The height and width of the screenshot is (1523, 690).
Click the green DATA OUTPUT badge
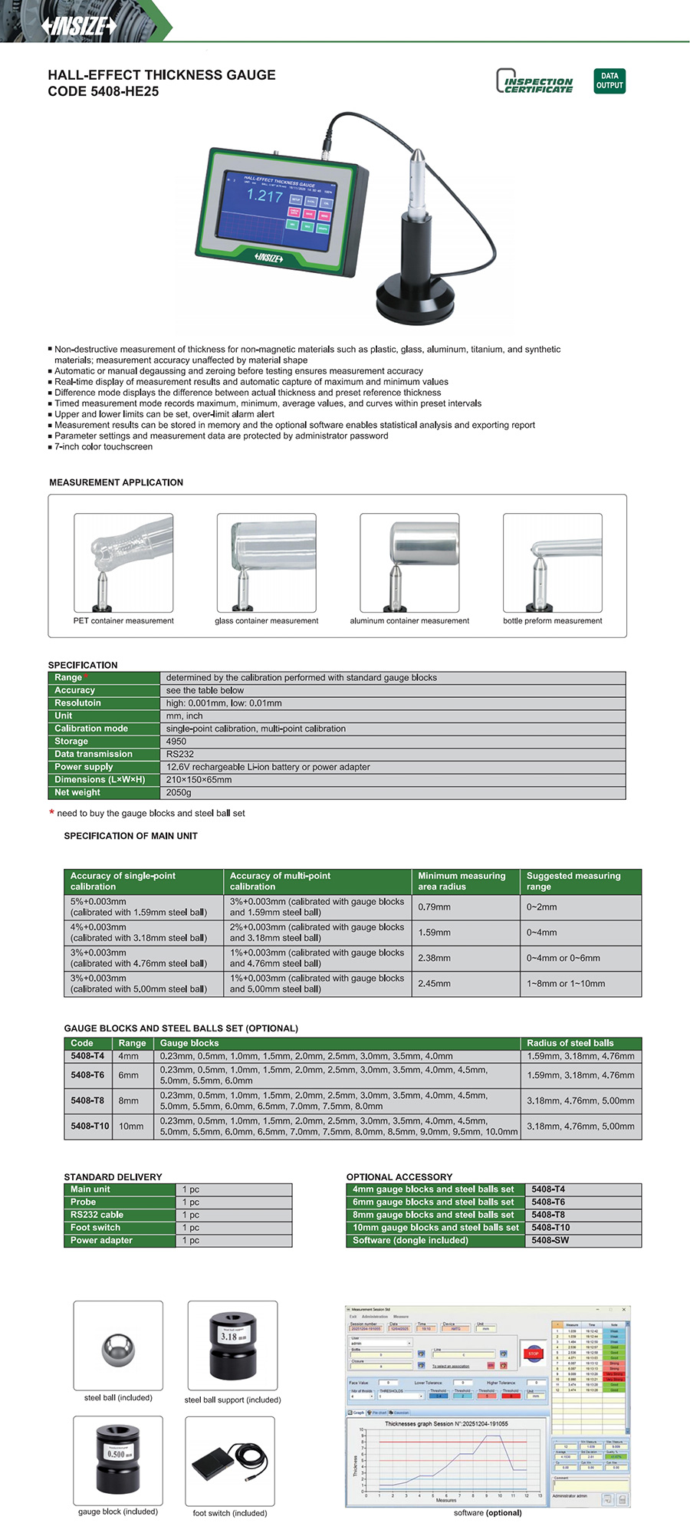[609, 81]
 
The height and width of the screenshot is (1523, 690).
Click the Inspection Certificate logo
[535, 81]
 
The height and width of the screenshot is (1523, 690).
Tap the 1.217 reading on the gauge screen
[264, 196]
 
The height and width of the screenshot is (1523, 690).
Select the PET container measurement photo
[123, 562]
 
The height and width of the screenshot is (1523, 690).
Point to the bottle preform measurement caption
[552, 621]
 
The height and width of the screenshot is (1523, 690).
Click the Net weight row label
[77, 792]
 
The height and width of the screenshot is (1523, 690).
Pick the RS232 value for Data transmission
[179, 754]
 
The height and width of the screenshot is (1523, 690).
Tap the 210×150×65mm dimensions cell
[199, 779]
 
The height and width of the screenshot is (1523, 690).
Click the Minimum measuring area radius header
[462, 881]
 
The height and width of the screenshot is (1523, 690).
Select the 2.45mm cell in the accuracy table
[435, 983]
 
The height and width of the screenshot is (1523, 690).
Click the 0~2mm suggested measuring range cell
[542, 906]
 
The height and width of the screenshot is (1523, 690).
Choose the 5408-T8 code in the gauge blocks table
[87, 1100]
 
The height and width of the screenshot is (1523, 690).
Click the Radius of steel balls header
[570, 1043]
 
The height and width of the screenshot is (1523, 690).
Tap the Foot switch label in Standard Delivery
[95, 1227]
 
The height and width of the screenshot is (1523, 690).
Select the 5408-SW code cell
[550, 1240]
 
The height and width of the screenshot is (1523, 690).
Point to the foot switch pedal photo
[229, 1461]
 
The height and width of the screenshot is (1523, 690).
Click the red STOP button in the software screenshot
[534, 1354]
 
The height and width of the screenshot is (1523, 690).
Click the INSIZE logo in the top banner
[80, 26]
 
